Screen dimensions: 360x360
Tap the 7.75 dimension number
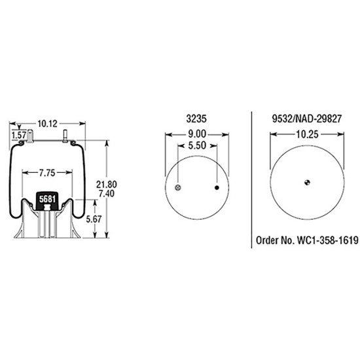(46, 173)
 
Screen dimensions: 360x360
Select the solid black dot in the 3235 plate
(217, 188)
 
